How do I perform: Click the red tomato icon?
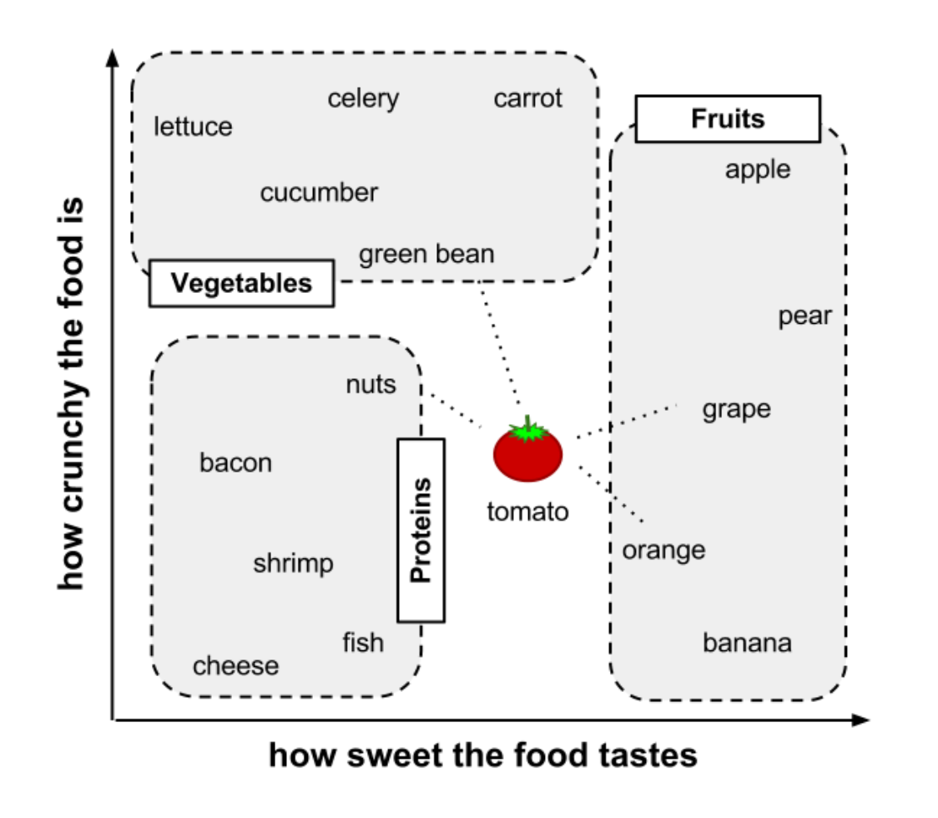coord(527,456)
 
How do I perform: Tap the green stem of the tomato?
coord(527,431)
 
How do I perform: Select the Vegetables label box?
coord(241,283)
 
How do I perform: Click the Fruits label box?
coord(728,119)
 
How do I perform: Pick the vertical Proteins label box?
coord(421,530)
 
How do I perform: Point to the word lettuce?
coord(194,127)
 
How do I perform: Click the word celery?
coord(363,98)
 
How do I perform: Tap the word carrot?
coord(528,98)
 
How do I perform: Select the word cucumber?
coord(319,193)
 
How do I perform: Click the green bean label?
coord(426,254)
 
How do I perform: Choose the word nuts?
coord(371,385)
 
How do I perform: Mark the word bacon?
coord(235,462)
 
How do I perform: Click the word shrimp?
coord(293,563)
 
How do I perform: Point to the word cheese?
coord(236,666)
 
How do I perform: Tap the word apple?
coord(758,169)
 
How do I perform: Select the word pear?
coord(805,316)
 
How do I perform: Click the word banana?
coord(747,644)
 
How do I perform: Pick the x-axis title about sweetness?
coord(482,755)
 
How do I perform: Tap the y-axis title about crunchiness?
coord(73,392)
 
